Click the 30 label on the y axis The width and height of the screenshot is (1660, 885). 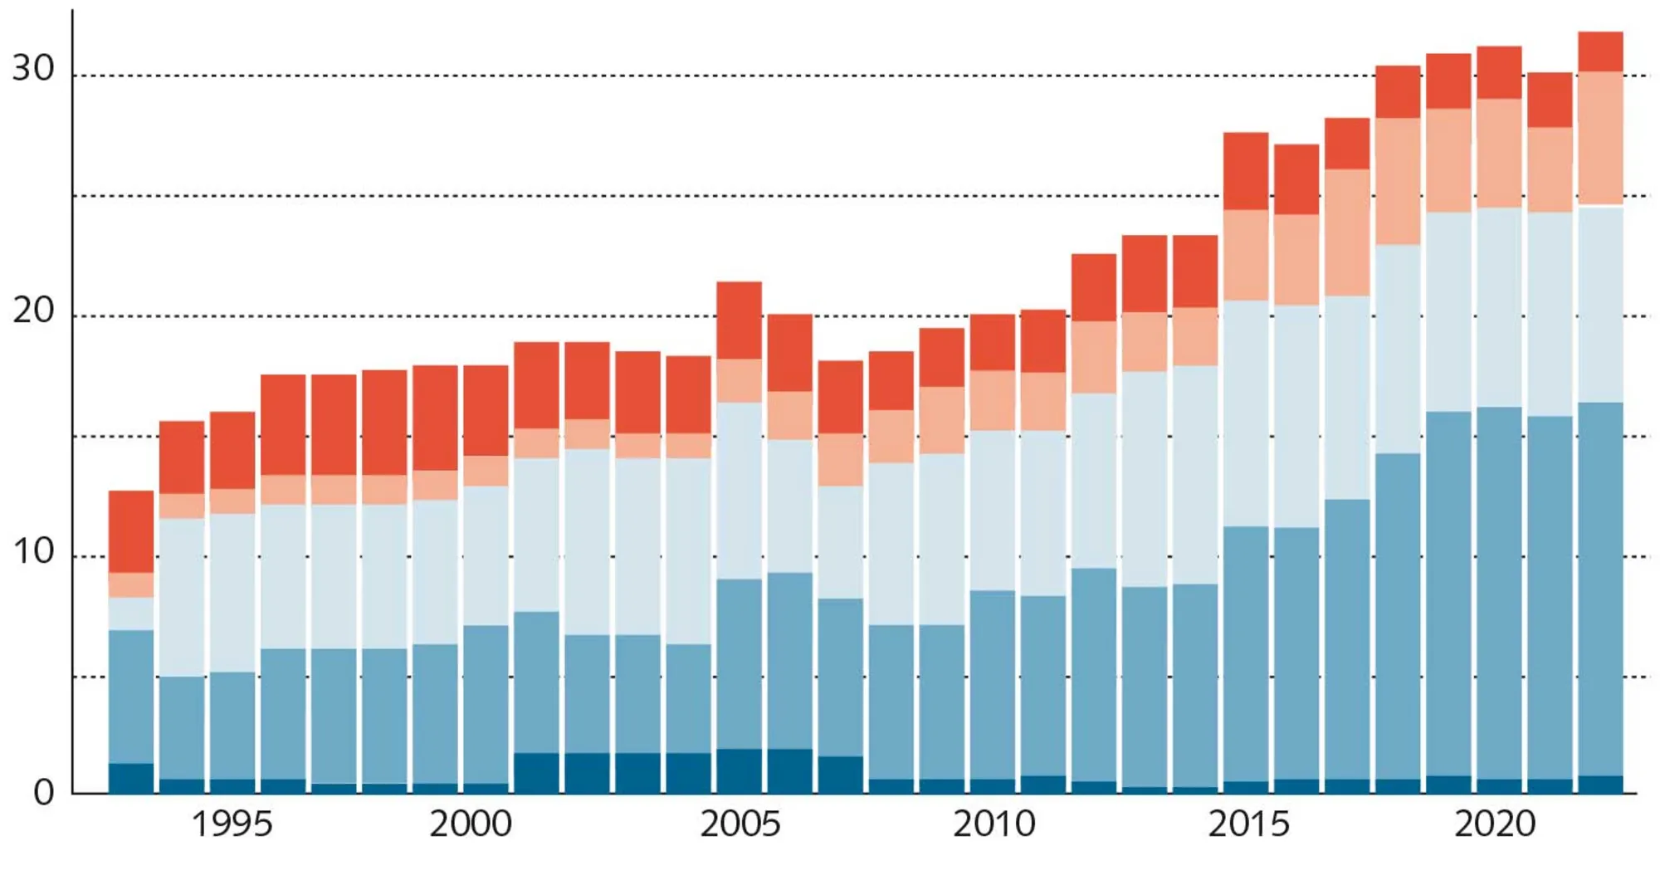click(x=33, y=68)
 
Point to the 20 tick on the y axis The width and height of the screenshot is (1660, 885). click(x=33, y=310)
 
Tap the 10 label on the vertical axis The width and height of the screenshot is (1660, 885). click(x=33, y=551)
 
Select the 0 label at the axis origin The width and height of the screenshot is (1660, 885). click(x=43, y=793)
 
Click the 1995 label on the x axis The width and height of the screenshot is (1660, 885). click(x=232, y=824)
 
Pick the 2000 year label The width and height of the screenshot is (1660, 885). click(x=470, y=824)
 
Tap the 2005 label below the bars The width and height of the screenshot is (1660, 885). click(x=740, y=824)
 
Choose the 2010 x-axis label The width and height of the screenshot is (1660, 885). click(x=994, y=824)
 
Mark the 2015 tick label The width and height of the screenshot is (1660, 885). click(x=1247, y=824)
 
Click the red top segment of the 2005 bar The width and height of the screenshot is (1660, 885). click(x=739, y=320)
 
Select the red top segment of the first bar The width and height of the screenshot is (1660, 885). click(x=131, y=531)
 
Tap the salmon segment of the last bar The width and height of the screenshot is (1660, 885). click(x=1599, y=138)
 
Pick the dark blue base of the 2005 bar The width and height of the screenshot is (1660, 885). click(x=739, y=770)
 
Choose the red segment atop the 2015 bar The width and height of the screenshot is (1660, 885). click(x=1245, y=171)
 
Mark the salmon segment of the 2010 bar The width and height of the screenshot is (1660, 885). click(x=993, y=400)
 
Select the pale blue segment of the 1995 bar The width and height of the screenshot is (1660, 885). click(x=232, y=592)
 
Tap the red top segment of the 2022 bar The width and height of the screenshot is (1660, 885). click(x=1599, y=51)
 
